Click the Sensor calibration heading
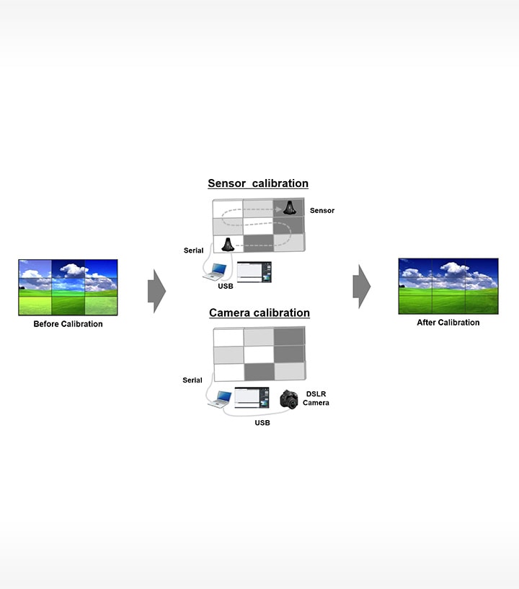[x=258, y=183]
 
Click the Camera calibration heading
[x=259, y=313]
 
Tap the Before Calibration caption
[x=68, y=324]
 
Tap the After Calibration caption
[x=448, y=323]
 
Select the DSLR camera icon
[x=289, y=400]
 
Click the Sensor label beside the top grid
[x=321, y=211]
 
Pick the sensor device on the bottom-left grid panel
[x=227, y=244]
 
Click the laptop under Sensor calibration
[x=216, y=271]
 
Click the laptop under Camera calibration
[x=220, y=398]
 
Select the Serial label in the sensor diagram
[x=193, y=250]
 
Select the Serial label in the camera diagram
[x=192, y=380]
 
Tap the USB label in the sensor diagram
[x=225, y=287]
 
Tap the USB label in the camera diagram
[x=262, y=423]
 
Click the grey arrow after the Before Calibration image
[x=156, y=291]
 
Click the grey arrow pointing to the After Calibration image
[x=361, y=286]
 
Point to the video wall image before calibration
[x=68, y=287]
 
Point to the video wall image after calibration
[x=448, y=286]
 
